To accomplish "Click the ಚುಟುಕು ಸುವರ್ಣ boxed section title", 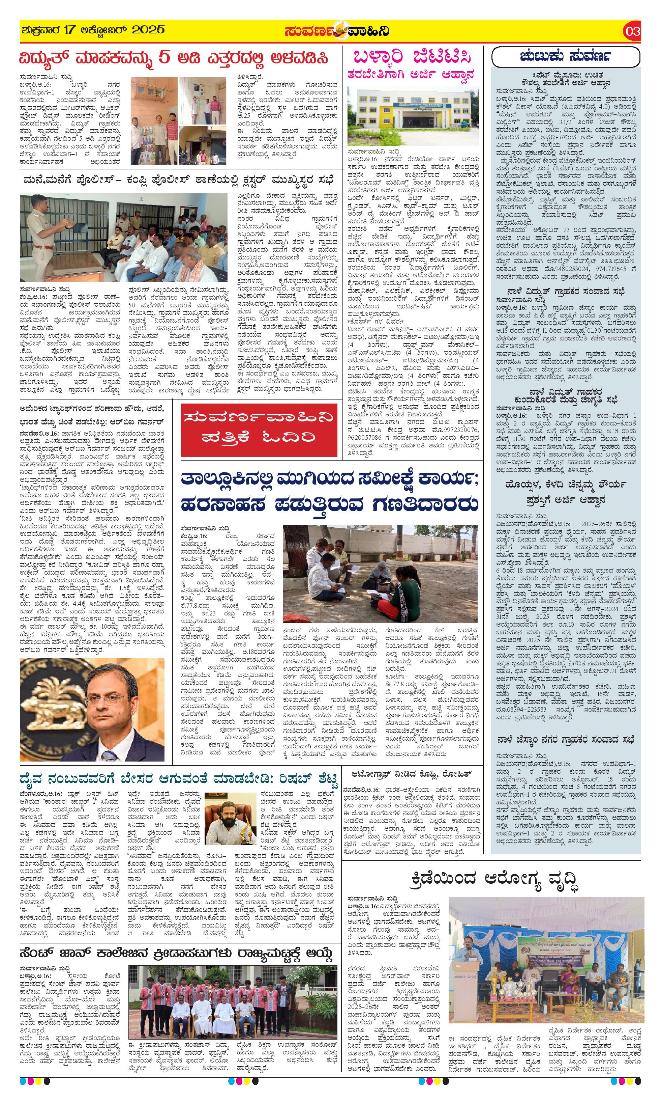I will [565, 57].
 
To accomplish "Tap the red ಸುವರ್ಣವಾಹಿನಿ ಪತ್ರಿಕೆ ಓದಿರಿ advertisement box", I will [252, 426].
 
